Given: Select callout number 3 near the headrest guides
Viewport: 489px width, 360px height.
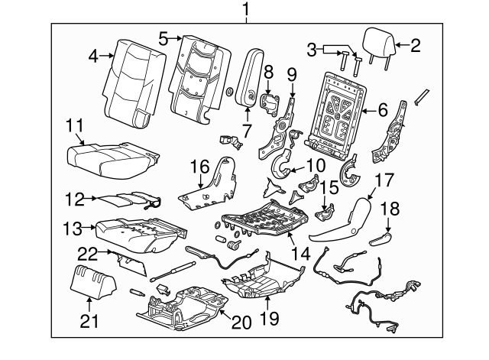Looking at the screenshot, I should (310, 50).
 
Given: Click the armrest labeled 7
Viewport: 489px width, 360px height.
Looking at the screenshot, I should (251, 79).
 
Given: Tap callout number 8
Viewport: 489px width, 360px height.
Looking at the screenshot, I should (267, 73).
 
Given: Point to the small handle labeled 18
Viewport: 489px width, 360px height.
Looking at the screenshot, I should (380, 240).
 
